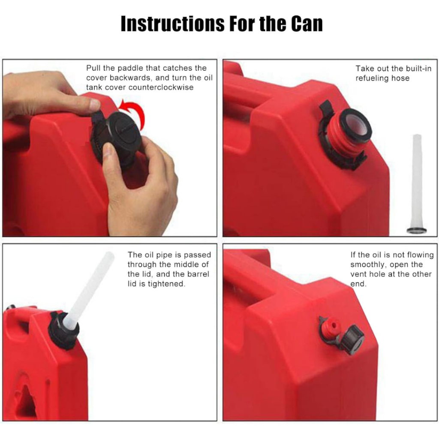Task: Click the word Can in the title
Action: coord(307,24)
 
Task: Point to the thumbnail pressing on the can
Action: coord(95,105)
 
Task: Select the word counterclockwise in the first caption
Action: coord(161,87)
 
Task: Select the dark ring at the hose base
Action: coord(417,231)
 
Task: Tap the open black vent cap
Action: coord(352,339)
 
